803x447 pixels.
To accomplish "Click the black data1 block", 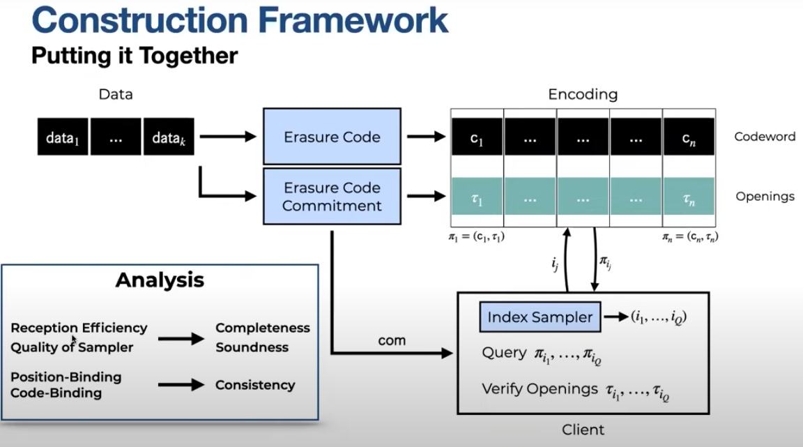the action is (63, 137).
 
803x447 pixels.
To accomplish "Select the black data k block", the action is (169, 137).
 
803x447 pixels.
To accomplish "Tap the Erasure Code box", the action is (332, 137).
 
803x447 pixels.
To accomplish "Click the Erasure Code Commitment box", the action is (332, 197).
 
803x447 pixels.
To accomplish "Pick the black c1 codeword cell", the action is (477, 137).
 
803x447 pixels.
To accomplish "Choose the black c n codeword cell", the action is (689, 137).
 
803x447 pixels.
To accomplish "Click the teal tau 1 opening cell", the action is (477, 197).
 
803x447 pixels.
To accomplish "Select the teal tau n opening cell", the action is (689, 197).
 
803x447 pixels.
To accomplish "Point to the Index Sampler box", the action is (540, 317).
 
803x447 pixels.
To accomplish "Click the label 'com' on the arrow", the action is (392, 340).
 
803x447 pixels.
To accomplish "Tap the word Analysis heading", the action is (160, 280).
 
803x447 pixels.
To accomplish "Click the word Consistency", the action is (255, 385).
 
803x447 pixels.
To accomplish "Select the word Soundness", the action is (252, 347).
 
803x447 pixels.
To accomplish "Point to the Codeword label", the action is (765, 137).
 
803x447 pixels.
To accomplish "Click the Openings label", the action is (765, 197).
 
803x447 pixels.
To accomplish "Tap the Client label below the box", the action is (583, 430).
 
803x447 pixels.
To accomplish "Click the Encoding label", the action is (583, 94).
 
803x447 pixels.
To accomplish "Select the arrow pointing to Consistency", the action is (181, 385).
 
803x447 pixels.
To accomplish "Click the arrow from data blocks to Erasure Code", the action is (228, 137).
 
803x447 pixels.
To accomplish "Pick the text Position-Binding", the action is (66, 377).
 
